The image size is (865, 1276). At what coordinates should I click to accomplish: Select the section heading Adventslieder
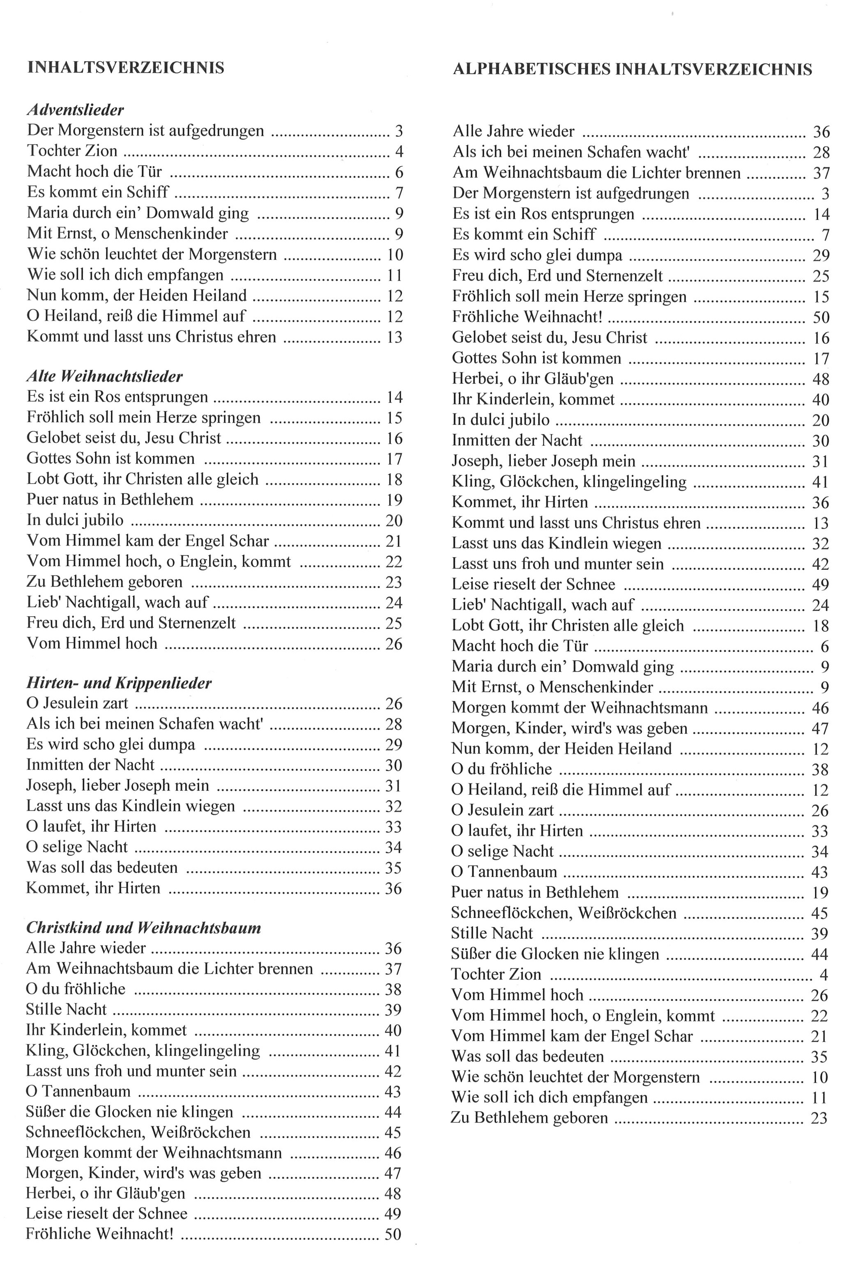(75, 110)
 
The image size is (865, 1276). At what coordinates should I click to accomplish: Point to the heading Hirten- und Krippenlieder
(119, 683)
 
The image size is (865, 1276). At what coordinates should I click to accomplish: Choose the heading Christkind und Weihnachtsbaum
(143, 928)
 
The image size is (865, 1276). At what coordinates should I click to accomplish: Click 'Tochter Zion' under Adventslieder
(72, 151)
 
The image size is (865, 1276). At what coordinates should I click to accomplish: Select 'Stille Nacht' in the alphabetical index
(492, 933)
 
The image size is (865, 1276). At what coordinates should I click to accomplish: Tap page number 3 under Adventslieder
(399, 131)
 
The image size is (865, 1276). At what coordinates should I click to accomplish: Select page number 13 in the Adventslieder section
(394, 337)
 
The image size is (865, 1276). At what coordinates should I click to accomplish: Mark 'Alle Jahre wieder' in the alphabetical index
(513, 132)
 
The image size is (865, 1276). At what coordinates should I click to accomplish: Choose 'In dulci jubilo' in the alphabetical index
(500, 420)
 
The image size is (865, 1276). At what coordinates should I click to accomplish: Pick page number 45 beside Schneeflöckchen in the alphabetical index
(819, 913)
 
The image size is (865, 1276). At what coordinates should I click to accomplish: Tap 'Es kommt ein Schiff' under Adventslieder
(98, 192)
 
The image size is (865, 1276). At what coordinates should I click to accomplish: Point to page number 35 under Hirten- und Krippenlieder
(393, 868)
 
